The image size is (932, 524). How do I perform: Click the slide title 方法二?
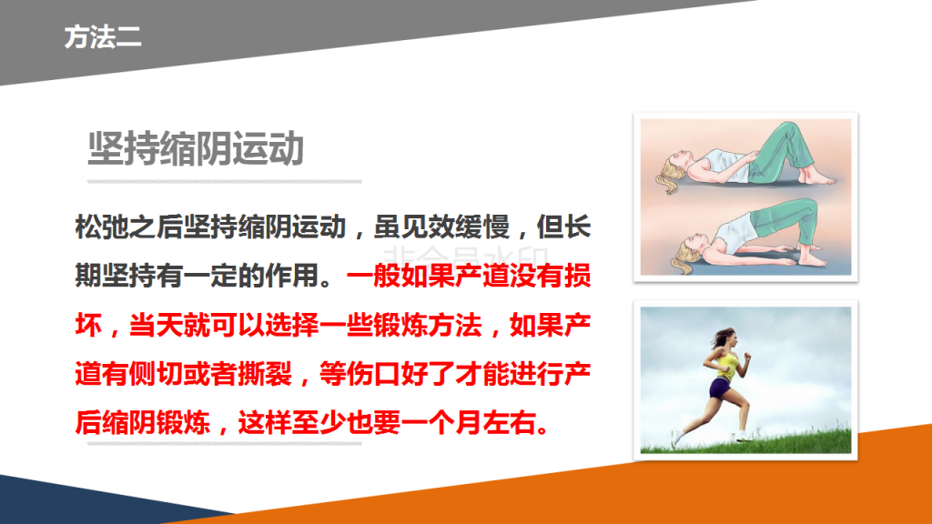coord(103,36)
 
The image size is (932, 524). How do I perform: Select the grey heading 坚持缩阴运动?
coord(197,148)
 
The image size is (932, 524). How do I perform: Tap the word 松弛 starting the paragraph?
coord(102,227)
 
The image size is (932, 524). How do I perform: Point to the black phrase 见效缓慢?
coord(455,227)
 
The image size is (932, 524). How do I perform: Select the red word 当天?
coord(157,325)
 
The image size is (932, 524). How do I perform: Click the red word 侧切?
coord(157,374)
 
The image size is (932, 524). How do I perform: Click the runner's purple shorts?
coord(720,388)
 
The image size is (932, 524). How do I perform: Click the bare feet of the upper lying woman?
coord(819,176)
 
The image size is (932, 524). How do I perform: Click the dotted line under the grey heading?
coord(225,182)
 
